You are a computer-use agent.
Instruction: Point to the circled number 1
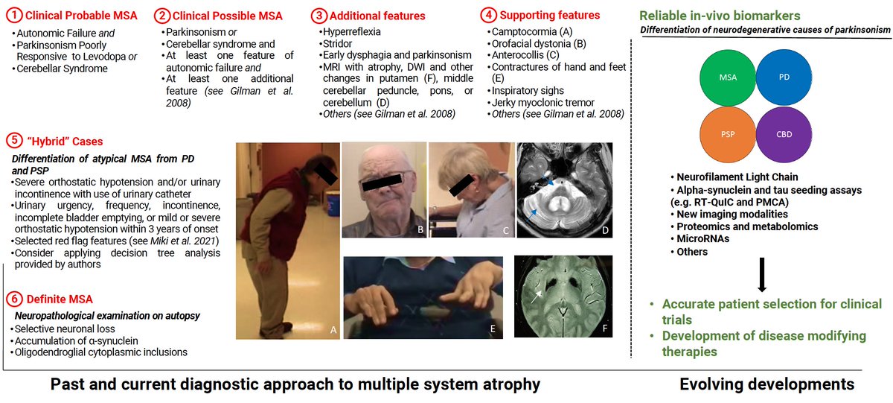pos(10,16)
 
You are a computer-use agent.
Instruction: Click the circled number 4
pos(487,16)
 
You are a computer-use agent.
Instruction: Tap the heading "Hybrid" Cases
pos(63,141)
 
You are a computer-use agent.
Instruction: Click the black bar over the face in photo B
pos(384,178)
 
